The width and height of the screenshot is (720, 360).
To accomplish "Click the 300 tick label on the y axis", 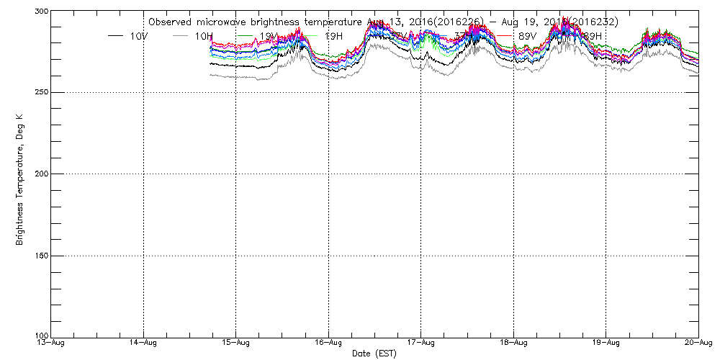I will [39, 12].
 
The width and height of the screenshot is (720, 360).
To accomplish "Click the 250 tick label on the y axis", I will [39, 92].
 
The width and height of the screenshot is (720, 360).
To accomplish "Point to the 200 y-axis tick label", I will [39, 174].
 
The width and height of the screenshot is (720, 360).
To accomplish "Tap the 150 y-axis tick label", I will [39, 256].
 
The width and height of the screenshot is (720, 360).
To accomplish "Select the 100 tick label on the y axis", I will [39, 336].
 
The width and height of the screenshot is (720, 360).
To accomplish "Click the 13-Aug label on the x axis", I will [52, 343].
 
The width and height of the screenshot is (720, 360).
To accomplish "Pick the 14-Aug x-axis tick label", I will [144, 343].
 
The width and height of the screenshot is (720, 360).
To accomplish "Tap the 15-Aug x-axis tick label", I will [236, 343].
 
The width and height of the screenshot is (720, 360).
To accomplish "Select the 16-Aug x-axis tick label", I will [328, 343].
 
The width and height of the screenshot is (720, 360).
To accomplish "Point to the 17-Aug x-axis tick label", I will [421, 343].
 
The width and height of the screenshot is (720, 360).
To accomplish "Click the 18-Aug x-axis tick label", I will [513, 343].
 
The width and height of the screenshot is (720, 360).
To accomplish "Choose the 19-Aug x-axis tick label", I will [606, 343].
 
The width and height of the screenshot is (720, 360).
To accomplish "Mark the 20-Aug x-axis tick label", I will [698, 343].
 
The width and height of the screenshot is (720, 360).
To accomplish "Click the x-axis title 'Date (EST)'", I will [374, 354].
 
